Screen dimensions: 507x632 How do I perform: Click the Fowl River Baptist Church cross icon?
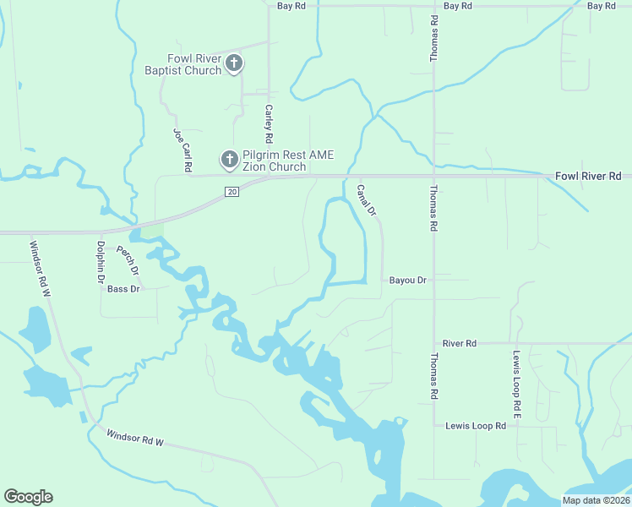point(234,63)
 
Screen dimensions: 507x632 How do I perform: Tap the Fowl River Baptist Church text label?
point(193,64)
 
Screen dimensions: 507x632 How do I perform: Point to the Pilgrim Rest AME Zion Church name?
point(275,161)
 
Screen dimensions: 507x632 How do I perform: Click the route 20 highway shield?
point(232,193)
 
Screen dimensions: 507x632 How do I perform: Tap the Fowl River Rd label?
point(588,176)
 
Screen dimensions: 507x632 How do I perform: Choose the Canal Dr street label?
point(366,199)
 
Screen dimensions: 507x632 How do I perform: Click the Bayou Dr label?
point(408,280)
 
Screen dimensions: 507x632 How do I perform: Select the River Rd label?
point(460,344)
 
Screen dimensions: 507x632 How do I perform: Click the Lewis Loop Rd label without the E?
point(476,426)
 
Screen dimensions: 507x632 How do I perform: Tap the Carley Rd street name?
point(269,123)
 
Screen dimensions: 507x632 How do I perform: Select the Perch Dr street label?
point(127,260)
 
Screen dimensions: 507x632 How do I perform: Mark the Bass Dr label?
point(123,289)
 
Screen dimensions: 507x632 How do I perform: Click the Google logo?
point(28,497)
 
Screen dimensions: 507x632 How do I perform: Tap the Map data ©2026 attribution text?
point(596,500)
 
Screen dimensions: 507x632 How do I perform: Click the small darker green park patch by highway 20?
point(152,230)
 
